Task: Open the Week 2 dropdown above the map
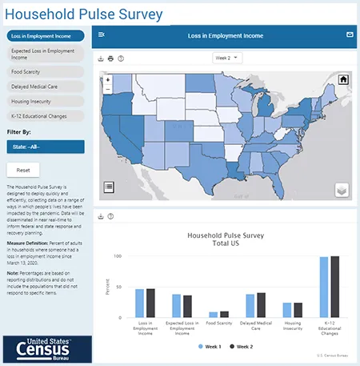tap(227, 58)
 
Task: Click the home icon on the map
tap(343, 79)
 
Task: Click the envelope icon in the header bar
tap(349, 35)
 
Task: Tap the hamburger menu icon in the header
tap(101, 35)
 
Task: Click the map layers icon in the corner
tap(342, 190)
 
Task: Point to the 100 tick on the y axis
tap(117, 256)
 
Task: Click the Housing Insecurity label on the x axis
tap(292, 328)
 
